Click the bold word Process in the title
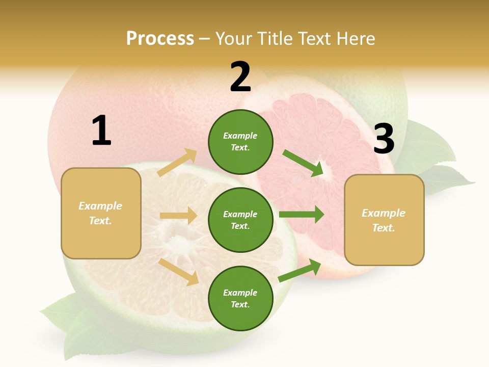tap(160, 38)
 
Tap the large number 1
tap(101, 130)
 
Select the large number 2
tap(240, 77)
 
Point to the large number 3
tap(384, 139)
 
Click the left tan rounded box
tap(101, 213)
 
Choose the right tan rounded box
tap(384, 220)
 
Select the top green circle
tap(240, 142)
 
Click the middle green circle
tap(240, 220)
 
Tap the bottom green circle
tap(240, 298)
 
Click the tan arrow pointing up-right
tap(178, 162)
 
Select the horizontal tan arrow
tap(178, 216)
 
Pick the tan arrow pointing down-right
tap(179, 271)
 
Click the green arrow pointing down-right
tap(303, 163)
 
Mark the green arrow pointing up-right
tap(300, 271)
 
